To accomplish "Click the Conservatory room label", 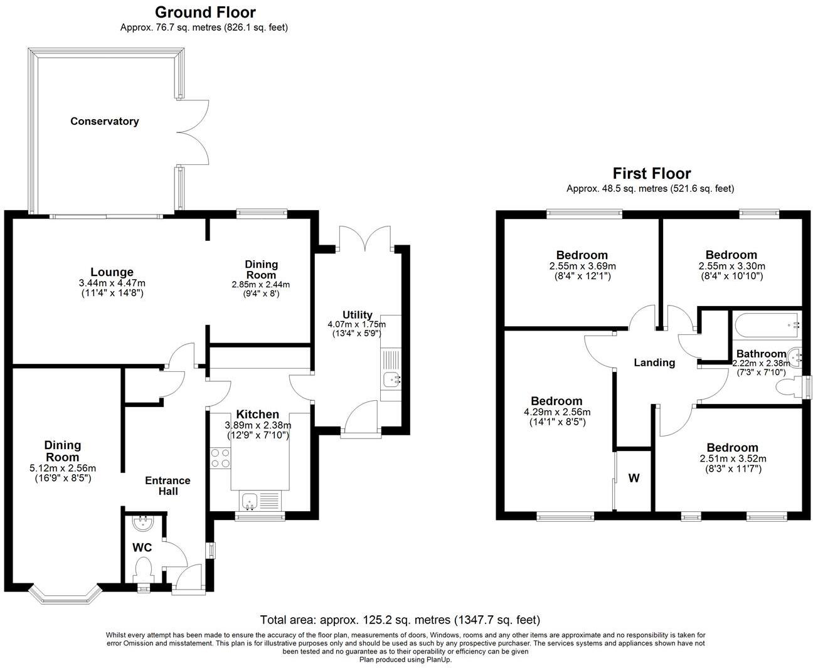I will tap(104, 121).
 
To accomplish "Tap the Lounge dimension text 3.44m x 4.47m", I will tap(107, 283).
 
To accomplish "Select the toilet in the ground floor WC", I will tap(144, 570).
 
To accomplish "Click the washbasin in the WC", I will tap(144, 522).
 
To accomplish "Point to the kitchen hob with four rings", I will tap(220, 457).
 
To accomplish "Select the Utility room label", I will tap(358, 315).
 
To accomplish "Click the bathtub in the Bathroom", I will tap(767, 324).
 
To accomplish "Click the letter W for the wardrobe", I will tap(634, 479).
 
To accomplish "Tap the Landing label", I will tap(654, 363).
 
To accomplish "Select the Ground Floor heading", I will tap(205, 12).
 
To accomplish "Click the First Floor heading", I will tap(651, 173).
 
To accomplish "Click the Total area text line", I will tap(400, 620).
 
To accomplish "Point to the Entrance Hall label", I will tap(167, 485).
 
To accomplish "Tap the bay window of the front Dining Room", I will tap(66, 595).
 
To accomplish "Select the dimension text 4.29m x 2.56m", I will tap(556, 412).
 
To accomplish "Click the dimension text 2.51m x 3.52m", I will tap(733, 459).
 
